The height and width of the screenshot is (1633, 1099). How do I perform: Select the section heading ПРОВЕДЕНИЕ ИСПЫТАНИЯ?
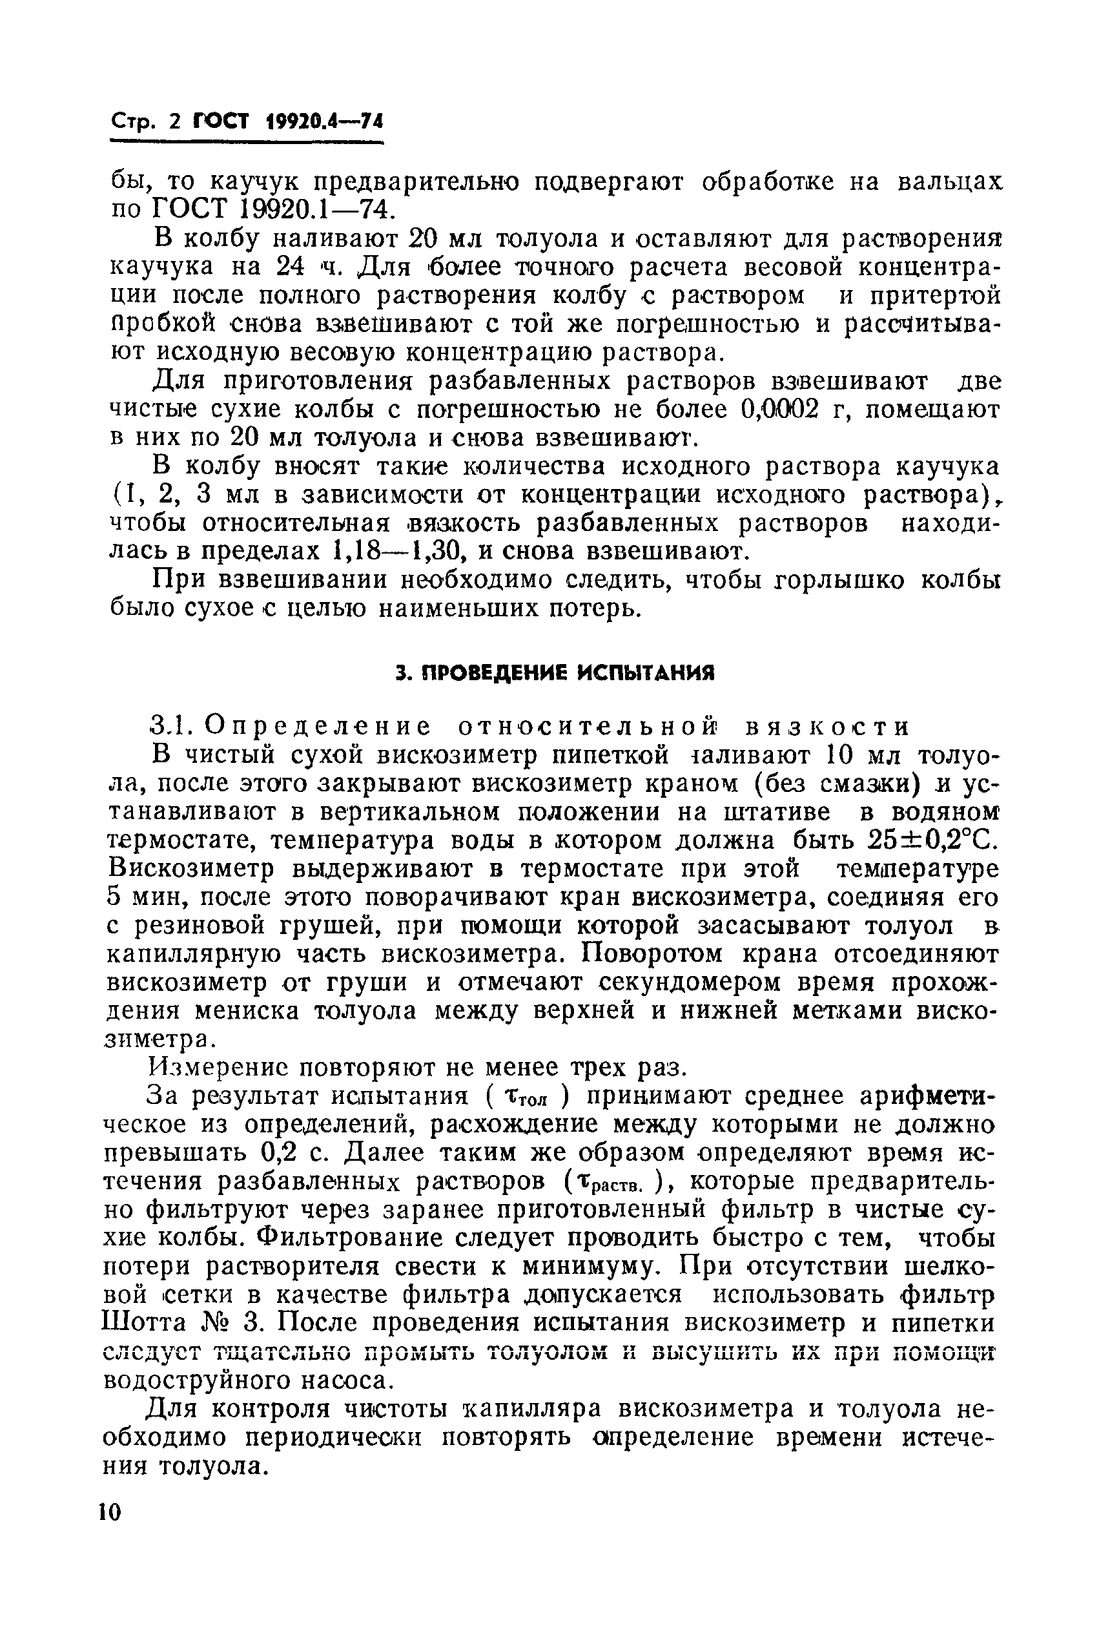pos(555,674)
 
